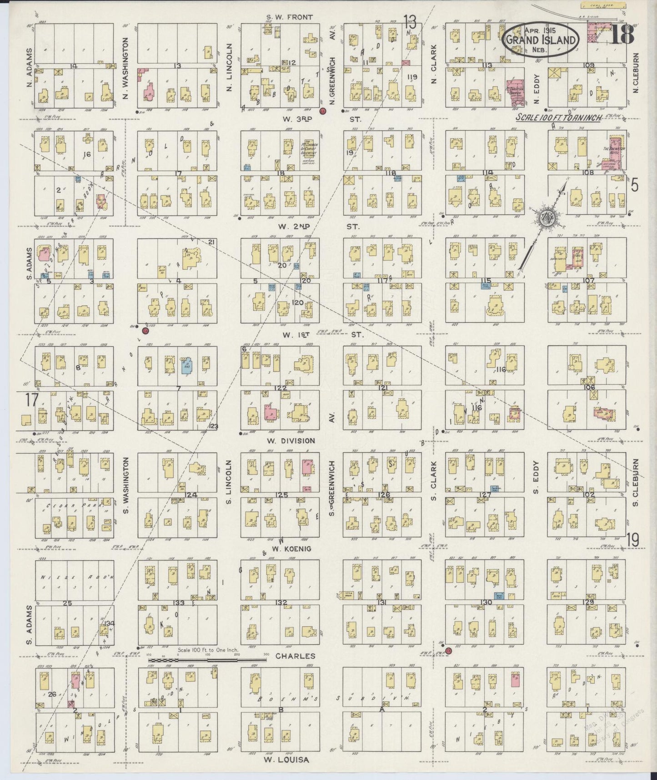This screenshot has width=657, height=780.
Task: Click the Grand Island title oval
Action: (542, 40)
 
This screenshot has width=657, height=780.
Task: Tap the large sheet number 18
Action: (622, 35)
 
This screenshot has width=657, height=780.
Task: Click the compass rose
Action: (544, 218)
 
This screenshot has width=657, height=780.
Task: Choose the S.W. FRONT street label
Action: (290, 17)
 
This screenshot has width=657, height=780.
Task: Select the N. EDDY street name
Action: (537, 88)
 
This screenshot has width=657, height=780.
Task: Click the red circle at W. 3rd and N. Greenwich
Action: (323, 111)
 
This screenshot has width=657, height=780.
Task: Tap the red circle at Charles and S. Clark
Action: (448, 651)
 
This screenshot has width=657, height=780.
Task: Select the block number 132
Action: (281, 603)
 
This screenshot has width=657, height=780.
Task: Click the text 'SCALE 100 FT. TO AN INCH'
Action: (559, 117)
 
